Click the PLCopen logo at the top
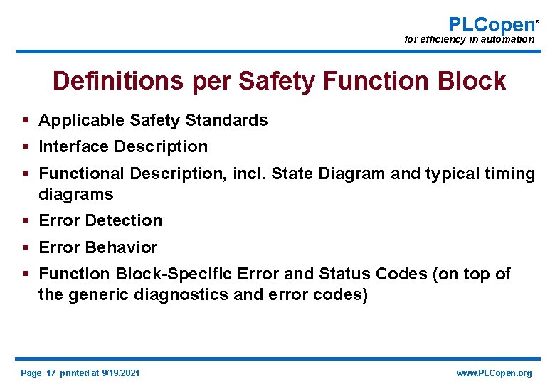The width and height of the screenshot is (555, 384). point(491,23)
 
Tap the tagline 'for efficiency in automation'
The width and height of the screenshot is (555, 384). point(469,40)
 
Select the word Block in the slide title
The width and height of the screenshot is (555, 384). point(472,81)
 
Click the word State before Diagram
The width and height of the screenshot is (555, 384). point(293,174)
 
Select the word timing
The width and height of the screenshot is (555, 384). point(510,174)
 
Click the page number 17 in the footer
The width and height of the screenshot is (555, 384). point(50,373)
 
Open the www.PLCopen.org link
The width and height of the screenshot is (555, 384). point(494,373)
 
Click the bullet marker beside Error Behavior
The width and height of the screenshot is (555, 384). point(26,247)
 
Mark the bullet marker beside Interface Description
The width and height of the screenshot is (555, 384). point(26,146)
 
